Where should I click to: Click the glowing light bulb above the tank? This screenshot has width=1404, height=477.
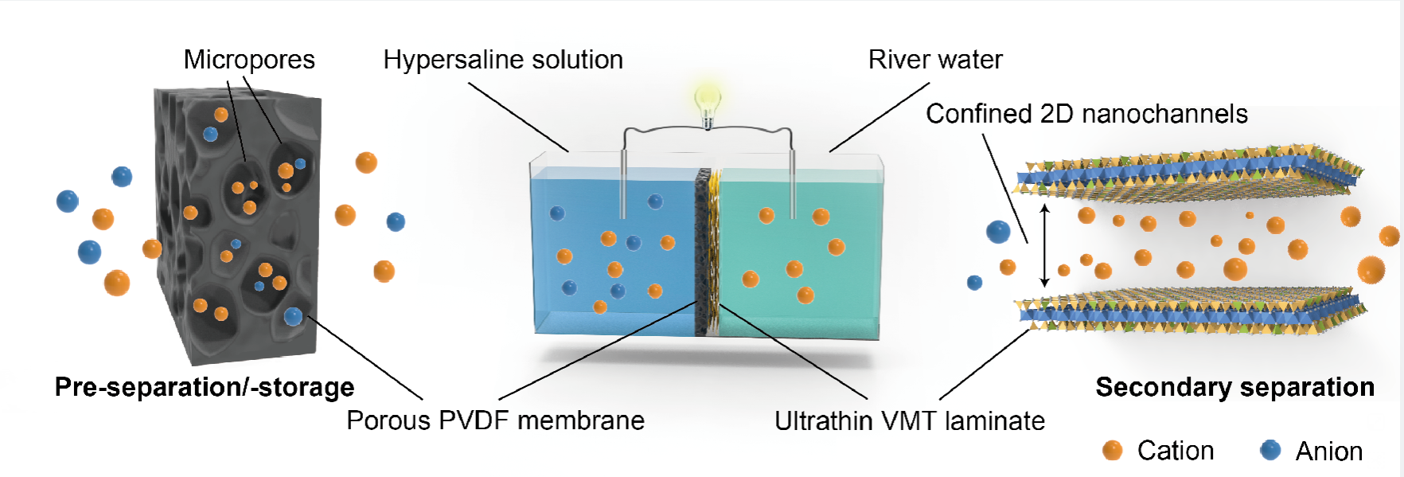707,102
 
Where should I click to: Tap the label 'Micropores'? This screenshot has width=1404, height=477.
249,60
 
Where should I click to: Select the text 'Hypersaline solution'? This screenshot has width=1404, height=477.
503,60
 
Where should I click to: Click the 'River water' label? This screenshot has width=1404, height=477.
935,60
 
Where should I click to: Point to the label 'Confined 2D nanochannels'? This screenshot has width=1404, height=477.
1086,114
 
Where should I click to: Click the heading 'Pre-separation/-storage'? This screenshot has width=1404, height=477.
205,387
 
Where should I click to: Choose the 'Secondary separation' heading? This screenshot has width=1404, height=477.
1234,387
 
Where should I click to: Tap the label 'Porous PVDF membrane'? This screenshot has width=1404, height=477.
495,420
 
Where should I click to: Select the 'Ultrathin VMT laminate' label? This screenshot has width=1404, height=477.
910,420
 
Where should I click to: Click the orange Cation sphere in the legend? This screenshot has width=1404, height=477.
1112,451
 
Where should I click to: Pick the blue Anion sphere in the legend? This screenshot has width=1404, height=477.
1270,451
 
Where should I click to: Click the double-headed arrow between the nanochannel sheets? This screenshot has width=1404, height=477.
1045,244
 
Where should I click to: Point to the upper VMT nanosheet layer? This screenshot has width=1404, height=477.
1186,174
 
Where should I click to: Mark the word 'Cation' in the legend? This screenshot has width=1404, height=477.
1176,451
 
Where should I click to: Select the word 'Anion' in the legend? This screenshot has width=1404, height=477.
1328,452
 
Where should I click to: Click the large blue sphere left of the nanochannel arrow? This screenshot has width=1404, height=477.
998,232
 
